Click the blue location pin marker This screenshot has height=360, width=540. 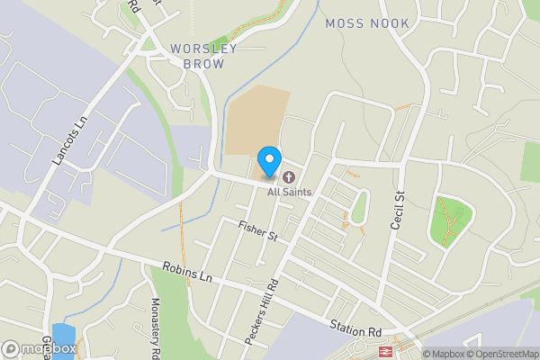(x=268, y=161)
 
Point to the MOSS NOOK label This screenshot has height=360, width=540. (x=367, y=23)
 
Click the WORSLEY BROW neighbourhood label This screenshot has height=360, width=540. (x=203, y=56)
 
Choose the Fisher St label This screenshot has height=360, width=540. (x=257, y=229)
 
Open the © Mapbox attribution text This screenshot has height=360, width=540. (x=441, y=353)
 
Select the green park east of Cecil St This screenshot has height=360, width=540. (x=453, y=220)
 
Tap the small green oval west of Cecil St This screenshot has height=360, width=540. (x=360, y=209)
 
